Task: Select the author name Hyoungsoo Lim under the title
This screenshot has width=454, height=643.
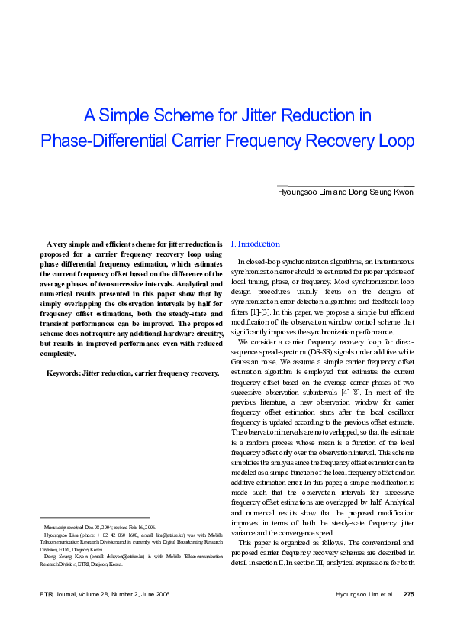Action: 304,192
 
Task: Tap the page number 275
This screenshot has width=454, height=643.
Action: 408,616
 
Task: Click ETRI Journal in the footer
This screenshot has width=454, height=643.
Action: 60,616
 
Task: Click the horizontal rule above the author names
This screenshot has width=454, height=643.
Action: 345,186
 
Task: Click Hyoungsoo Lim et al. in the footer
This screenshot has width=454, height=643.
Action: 365,616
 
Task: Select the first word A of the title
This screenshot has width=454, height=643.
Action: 89,116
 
